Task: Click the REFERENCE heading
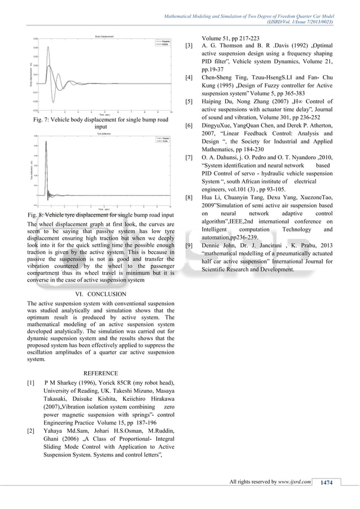pyautogui.click(x=100, y=373)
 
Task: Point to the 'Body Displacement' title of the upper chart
pyautogui.click(x=102, y=36)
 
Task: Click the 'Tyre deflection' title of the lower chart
pyautogui.click(x=102, y=133)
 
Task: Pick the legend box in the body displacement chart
pyautogui.click(x=164, y=43)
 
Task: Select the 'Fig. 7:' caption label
pyautogui.click(x=43, y=120)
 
